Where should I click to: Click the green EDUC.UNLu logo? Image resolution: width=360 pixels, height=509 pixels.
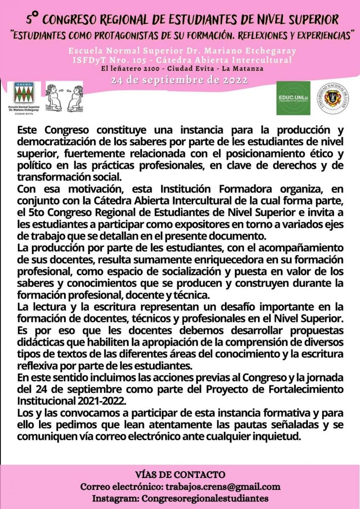(x=293, y=98)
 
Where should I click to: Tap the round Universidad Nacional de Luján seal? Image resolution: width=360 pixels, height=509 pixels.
(x=333, y=98)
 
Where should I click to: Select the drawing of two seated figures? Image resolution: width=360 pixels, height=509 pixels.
(x=64, y=97)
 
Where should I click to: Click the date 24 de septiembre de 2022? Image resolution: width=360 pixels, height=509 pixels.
(x=179, y=80)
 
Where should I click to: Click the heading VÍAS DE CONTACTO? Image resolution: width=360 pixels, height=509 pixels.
(x=180, y=475)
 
